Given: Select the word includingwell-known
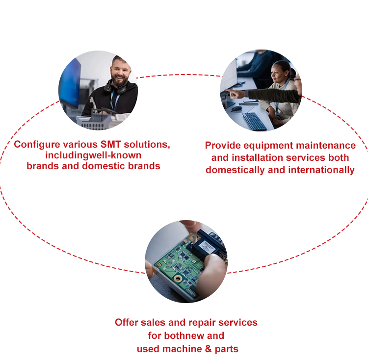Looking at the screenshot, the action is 93,155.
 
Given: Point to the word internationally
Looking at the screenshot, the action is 321,170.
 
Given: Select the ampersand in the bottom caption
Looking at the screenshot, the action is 208,349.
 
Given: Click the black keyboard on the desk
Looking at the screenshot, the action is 254,121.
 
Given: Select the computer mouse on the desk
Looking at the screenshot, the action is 237,108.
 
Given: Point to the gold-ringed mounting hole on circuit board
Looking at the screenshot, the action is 178,279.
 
